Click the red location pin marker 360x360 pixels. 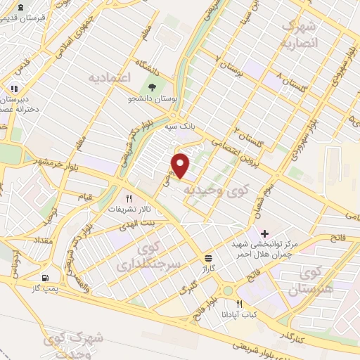point(181,165)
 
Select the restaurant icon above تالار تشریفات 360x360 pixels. point(128,199)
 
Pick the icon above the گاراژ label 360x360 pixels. point(208,257)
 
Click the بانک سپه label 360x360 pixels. point(179,128)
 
